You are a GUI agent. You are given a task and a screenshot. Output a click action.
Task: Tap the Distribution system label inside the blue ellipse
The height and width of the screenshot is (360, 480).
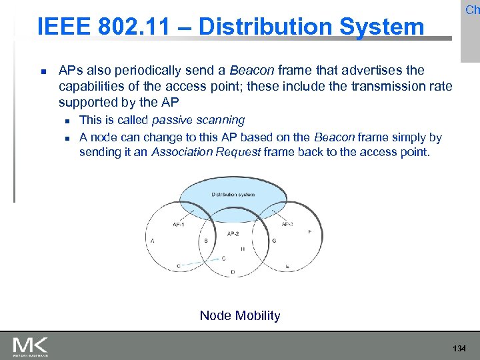233,195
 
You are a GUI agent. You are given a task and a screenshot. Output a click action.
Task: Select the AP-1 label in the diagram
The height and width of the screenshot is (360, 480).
179,225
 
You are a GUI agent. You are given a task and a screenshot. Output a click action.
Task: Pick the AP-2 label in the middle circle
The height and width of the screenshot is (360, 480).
233,233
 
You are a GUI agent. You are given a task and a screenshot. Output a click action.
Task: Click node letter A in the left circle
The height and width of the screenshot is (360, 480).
153,241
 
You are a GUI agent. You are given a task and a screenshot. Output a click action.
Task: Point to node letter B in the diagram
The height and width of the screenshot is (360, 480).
206,241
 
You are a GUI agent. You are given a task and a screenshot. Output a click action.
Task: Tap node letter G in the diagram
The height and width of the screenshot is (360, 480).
274,241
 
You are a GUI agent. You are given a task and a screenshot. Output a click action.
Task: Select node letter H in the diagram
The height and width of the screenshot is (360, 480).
242,249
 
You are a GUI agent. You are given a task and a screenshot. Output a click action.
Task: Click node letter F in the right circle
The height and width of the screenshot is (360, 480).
309,232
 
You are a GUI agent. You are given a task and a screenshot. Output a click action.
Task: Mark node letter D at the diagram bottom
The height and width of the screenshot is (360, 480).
233,272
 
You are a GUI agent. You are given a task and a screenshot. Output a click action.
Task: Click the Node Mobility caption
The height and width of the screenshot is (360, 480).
240,315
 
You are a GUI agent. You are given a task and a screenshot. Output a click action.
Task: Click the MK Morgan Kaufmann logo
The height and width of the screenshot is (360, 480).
31,347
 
